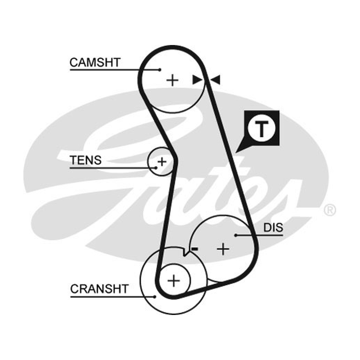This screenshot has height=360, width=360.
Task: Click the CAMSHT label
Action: pyautogui.click(x=95, y=63)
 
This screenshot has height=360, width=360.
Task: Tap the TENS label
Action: pyautogui.click(x=85, y=160)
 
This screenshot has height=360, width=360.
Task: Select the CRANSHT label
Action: pyautogui.click(x=99, y=289)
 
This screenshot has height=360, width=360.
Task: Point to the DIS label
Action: pyautogui.click(x=273, y=228)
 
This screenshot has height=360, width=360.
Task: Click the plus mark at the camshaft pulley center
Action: pyautogui.click(x=172, y=81)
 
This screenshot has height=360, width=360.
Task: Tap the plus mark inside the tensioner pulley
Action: pyautogui.click(x=162, y=162)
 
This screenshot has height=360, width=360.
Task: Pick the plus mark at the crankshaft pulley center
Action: pyautogui.click(x=174, y=280)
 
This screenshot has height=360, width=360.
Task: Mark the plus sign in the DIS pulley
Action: pyautogui.click(x=223, y=249)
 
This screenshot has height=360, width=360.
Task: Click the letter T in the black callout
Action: pyautogui.click(x=261, y=128)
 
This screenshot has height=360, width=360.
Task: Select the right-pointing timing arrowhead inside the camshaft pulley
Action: pyautogui.click(x=197, y=80)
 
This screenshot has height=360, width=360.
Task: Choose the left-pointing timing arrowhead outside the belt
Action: pyautogui.click(x=216, y=80)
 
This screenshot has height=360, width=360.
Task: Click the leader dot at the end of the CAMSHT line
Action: pyautogui.click(x=160, y=70)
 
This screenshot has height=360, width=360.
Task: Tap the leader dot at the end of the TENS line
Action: pyautogui.click(x=156, y=168)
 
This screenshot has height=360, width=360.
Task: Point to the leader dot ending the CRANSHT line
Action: pyautogui.click(x=155, y=297)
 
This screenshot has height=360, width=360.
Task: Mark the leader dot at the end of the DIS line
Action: pyautogui.click(x=236, y=235)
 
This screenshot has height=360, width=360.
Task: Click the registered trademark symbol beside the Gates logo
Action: pyautogui.click(x=330, y=210)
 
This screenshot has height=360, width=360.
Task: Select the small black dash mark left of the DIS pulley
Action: pyautogui.click(x=195, y=248)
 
